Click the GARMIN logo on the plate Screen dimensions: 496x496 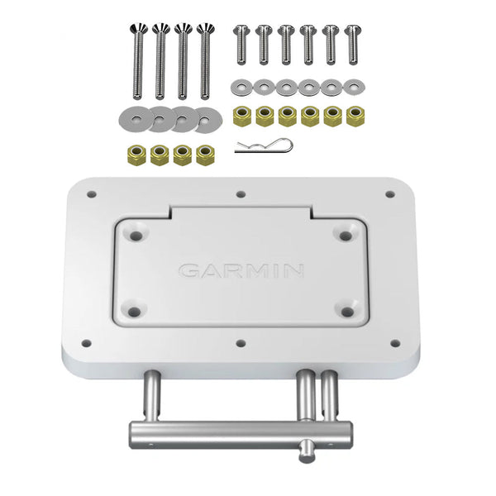click(241, 270)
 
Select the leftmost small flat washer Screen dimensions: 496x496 click(241, 85)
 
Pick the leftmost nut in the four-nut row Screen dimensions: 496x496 click(131, 155)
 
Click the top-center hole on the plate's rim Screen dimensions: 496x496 click(240, 195)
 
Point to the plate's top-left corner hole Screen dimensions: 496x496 click(91, 195)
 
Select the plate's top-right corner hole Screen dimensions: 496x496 click(389, 195)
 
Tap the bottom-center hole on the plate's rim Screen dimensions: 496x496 click(239, 341)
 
